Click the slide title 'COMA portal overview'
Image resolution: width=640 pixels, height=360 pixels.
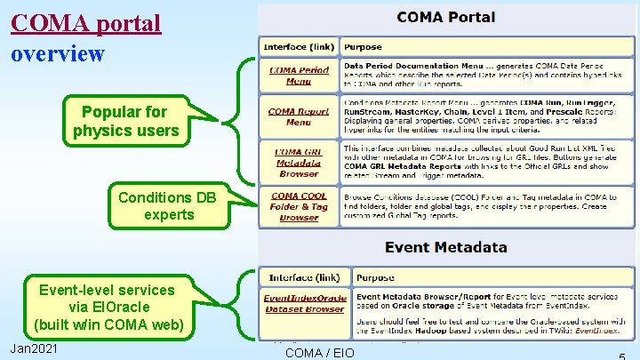86,37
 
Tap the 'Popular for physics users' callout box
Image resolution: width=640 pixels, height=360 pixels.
124,123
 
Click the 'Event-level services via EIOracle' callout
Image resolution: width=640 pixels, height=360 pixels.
107,307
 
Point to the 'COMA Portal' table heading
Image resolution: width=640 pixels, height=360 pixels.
446,17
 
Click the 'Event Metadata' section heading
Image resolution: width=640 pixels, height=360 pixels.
446,247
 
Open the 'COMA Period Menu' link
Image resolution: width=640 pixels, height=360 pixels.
299,76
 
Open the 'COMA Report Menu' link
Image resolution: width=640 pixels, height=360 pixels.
299,116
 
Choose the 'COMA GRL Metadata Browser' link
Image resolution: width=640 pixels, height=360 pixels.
299,162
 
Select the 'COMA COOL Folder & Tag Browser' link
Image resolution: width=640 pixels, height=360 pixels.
299,206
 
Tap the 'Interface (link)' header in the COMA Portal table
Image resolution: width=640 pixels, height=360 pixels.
298,46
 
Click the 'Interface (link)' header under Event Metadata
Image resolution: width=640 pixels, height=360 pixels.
304,277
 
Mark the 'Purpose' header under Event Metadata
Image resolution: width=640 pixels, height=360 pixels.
376,277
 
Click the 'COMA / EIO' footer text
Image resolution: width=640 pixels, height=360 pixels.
319,353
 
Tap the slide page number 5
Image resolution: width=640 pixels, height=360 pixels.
618,354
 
